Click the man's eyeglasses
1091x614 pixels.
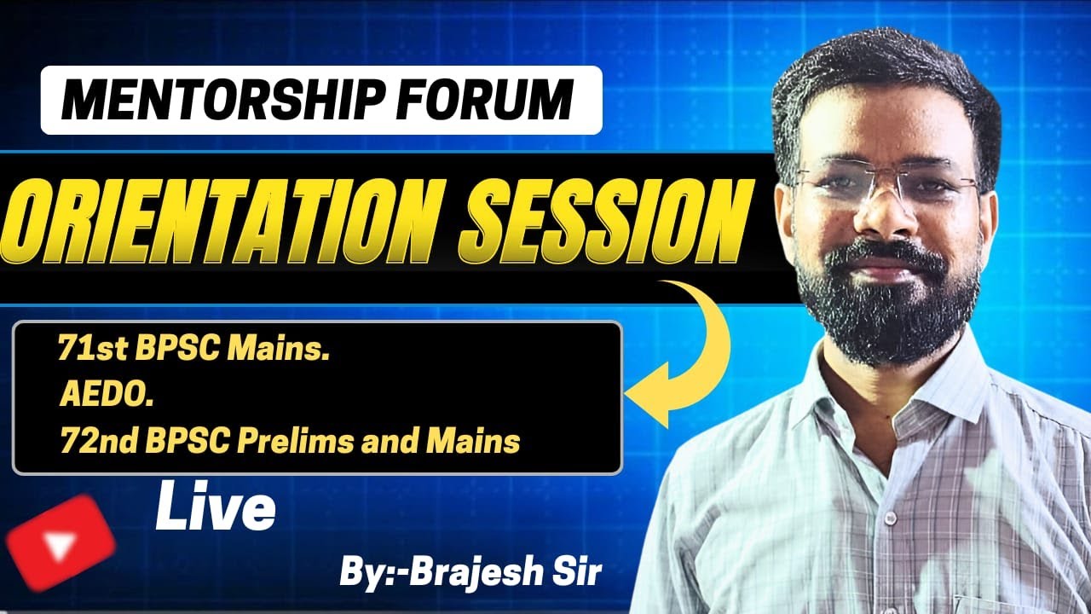[886, 183]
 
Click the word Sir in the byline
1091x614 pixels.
[579, 572]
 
